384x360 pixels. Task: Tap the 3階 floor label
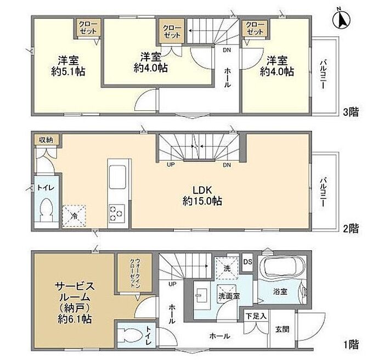coord(351,113)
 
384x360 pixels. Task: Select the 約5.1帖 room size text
coord(68,72)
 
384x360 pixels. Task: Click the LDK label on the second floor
coord(202,190)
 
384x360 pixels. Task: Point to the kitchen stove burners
coord(116,213)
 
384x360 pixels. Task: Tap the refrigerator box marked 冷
coord(74,216)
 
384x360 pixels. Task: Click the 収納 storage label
coord(46,140)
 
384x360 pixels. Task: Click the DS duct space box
coord(247,262)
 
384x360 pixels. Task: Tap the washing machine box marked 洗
coord(227,268)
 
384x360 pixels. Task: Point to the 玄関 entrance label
coord(282,329)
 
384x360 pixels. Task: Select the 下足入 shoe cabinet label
coord(256,316)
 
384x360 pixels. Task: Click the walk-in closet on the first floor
coord(135,273)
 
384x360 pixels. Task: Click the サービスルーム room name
coord(74,291)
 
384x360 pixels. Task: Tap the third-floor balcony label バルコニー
coord(323,75)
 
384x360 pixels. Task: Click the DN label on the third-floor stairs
coord(227,50)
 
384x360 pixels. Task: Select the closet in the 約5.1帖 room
coord(88,27)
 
